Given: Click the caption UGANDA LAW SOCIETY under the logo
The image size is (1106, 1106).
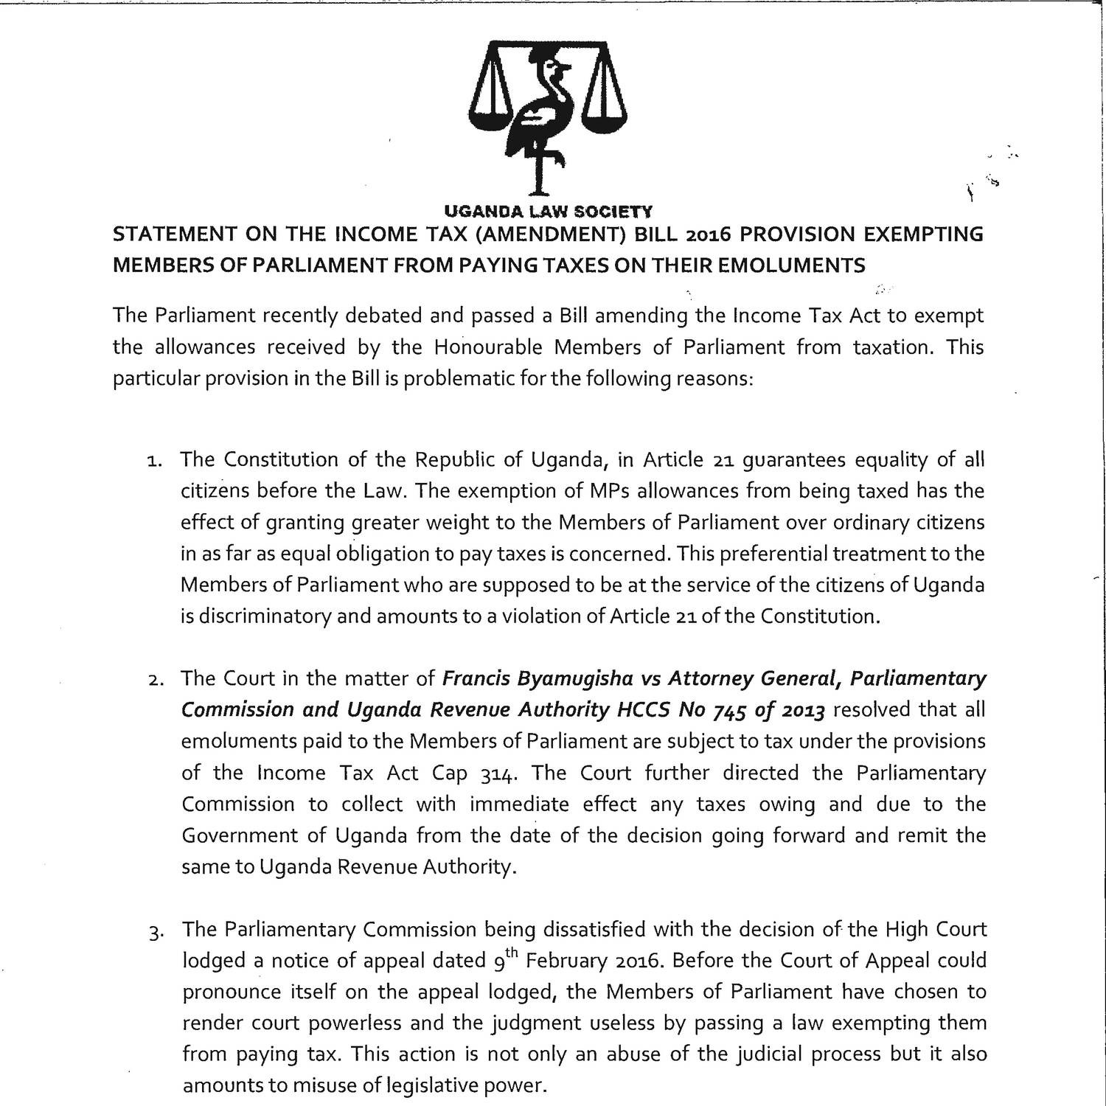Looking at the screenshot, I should point(548,212).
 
